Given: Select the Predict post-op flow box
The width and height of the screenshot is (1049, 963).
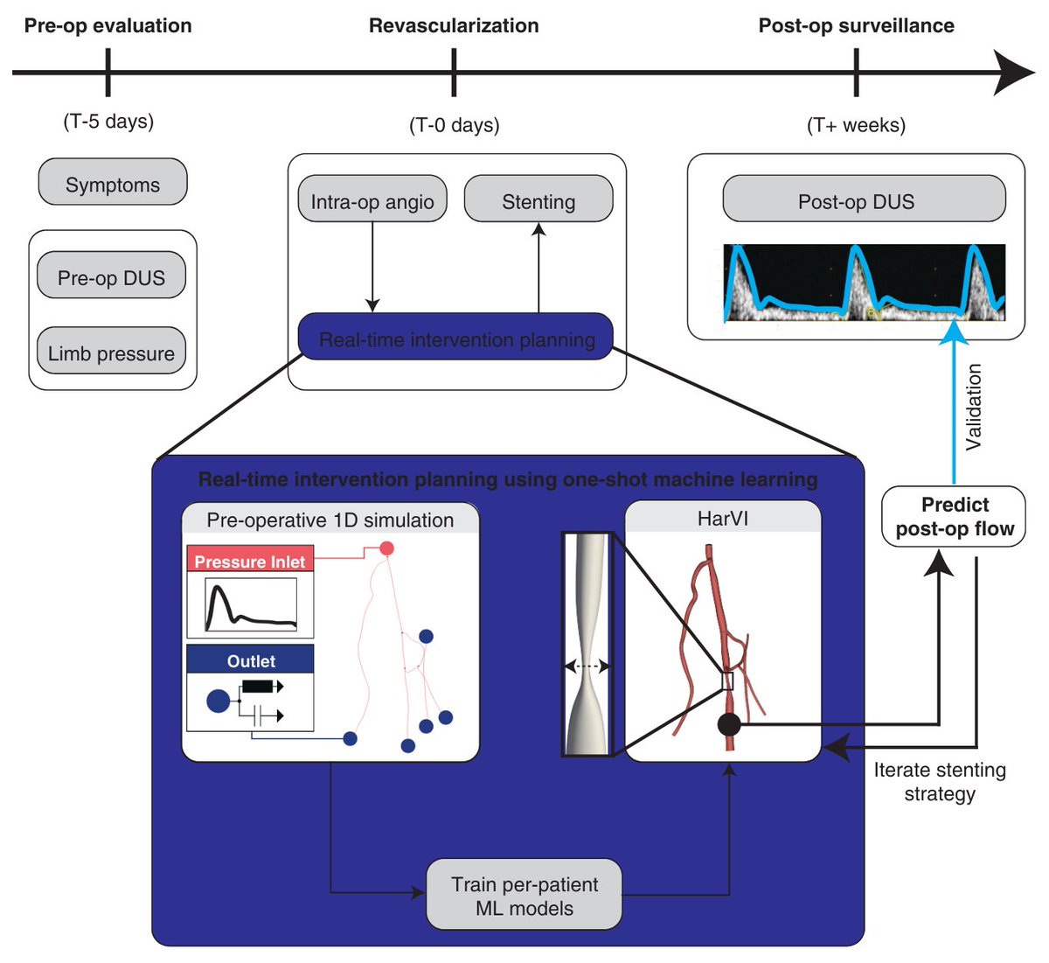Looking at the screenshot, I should point(954,517).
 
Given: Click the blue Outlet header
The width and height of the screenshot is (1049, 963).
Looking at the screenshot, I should point(250,659).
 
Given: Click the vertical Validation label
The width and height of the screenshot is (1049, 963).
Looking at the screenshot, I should point(973,408).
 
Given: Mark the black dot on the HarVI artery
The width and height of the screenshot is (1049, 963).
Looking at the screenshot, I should point(729,724).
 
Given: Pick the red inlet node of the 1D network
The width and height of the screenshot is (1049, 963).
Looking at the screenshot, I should point(386,548).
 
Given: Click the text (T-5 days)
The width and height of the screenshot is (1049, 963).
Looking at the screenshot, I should point(108,122).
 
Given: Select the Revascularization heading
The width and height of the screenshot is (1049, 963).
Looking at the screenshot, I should point(454,26).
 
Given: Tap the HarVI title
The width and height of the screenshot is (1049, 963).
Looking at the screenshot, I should point(723,518).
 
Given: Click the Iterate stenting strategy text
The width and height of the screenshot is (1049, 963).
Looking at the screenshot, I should point(940,782).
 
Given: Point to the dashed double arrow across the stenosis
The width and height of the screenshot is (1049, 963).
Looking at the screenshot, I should point(587,666).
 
